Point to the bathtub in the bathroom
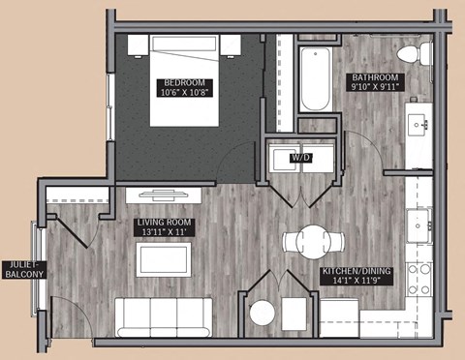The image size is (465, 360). [x=315, y=77]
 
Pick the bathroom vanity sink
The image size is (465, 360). [x=420, y=124]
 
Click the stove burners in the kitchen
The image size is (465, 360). [x=419, y=278]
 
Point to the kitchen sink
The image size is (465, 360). [x=419, y=225]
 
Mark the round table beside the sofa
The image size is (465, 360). [x=263, y=314]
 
